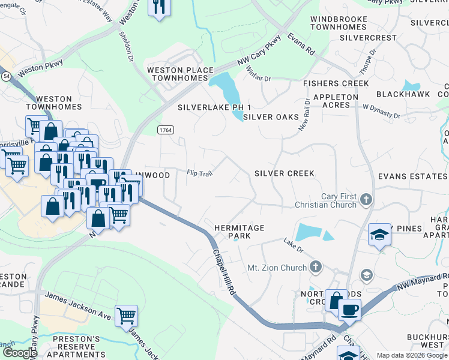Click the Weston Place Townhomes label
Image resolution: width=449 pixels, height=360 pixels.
click(180, 75)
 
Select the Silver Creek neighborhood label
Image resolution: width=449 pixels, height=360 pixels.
click(284, 173)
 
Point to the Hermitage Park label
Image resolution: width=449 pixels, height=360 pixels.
click(240, 232)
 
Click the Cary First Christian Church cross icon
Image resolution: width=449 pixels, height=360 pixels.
click(366, 199)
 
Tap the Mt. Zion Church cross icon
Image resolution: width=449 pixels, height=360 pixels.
click(316, 267)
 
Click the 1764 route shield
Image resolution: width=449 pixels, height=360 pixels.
click(166, 130)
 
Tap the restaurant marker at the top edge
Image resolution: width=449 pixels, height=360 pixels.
click(158, 7)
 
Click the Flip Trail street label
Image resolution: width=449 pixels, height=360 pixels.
click(200, 173)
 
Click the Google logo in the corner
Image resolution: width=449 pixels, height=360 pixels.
click(19, 353)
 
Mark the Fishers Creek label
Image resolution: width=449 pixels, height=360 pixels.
click(336, 83)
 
